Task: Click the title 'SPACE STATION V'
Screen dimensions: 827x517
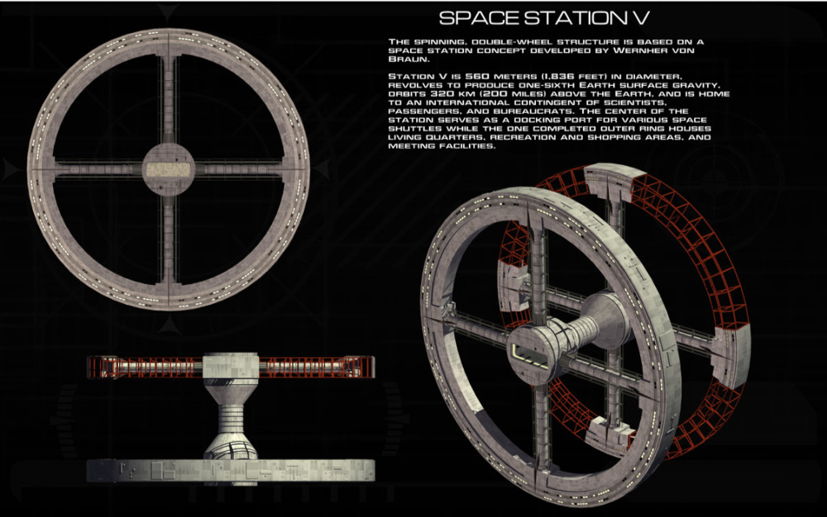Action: [544, 18]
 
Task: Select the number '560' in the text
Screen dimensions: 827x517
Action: [477, 76]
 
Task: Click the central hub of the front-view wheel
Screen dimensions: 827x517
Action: [168, 170]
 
